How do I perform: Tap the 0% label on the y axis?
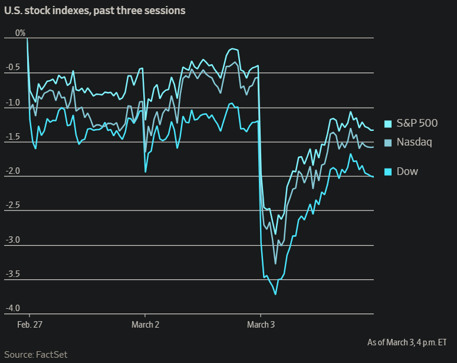pos(21,33)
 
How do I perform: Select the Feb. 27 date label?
pos(29,325)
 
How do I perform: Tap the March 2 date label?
pos(145,325)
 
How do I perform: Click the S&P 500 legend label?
pos(417,124)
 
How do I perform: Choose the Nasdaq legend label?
pos(414,142)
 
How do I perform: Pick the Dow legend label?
pos(407,171)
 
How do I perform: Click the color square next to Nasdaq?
pos(388,143)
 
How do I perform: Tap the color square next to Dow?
pos(388,172)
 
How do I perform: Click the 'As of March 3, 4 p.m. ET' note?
pos(407,342)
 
